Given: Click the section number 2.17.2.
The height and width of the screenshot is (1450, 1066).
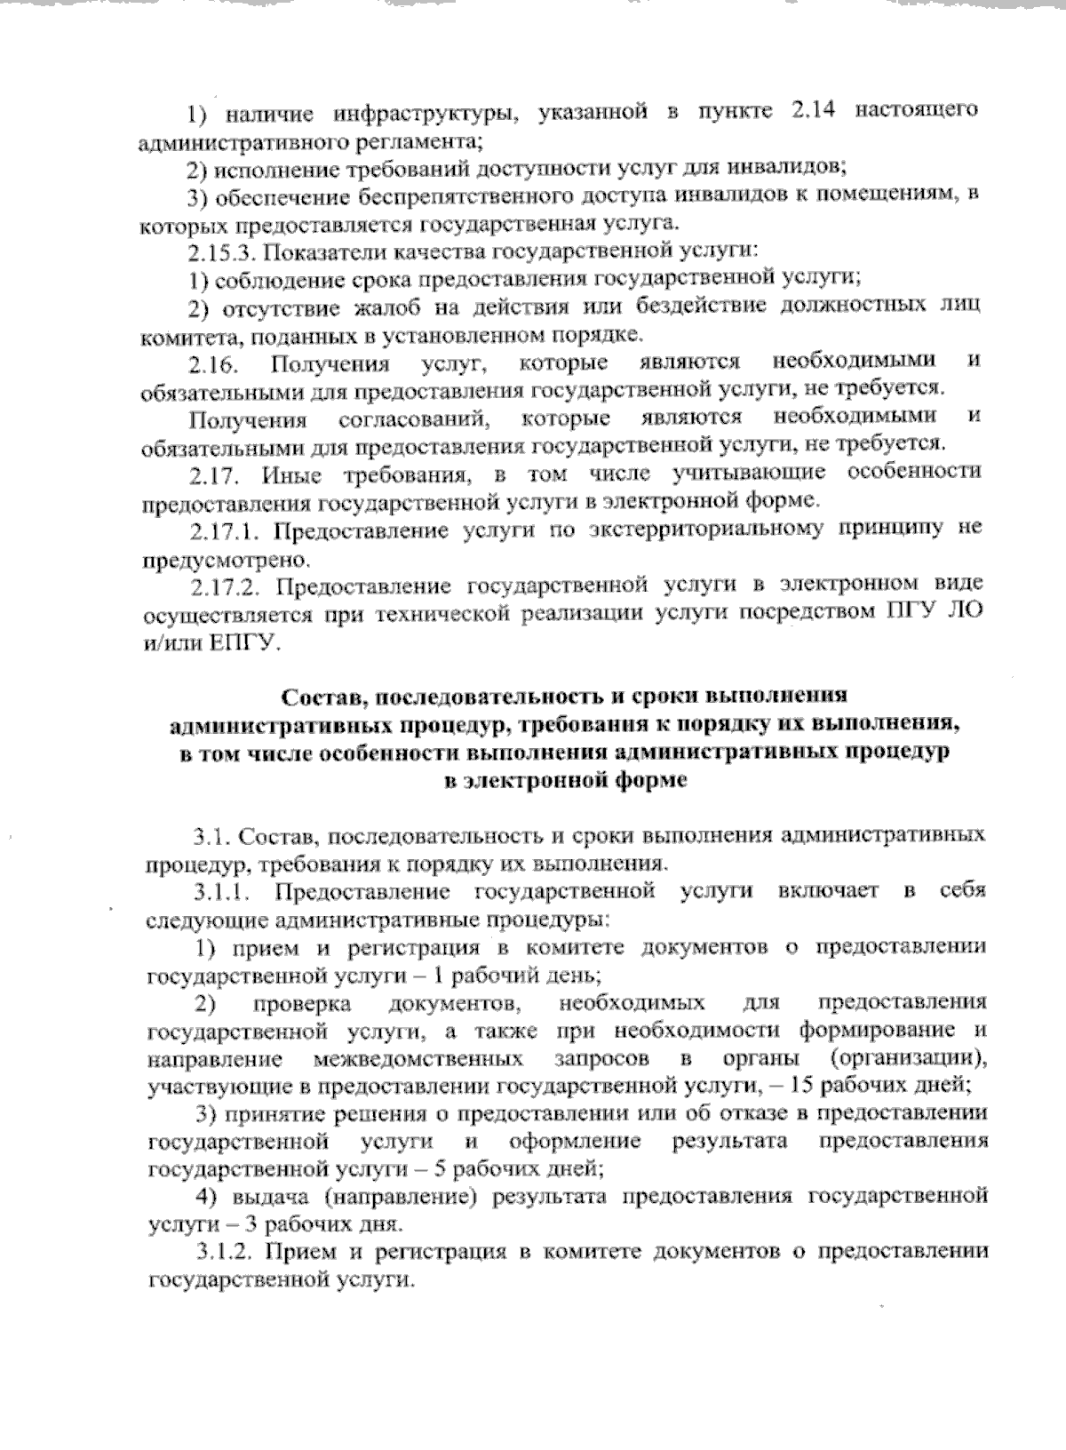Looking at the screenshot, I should pyautogui.click(x=226, y=585).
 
